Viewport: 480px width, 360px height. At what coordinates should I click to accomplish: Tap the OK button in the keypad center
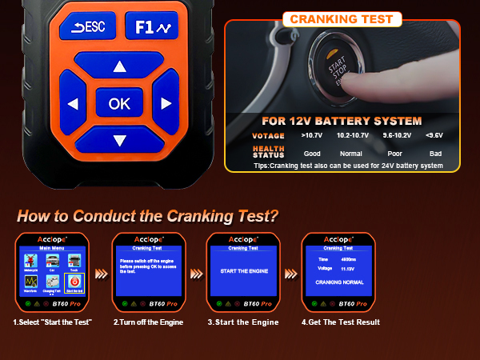[x=119, y=103]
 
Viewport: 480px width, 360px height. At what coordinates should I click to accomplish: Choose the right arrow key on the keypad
[x=166, y=103]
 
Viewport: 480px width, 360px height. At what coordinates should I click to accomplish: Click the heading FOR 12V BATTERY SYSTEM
[x=342, y=122]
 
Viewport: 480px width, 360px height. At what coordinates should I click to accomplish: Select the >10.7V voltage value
[x=312, y=136]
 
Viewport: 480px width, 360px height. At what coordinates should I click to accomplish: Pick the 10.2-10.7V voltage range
[x=351, y=136]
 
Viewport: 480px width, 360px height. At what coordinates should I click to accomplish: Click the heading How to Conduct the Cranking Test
[x=148, y=215]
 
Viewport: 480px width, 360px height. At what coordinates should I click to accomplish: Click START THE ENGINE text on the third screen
[x=242, y=271]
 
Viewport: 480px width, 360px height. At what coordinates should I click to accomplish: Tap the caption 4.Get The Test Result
[x=340, y=322]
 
